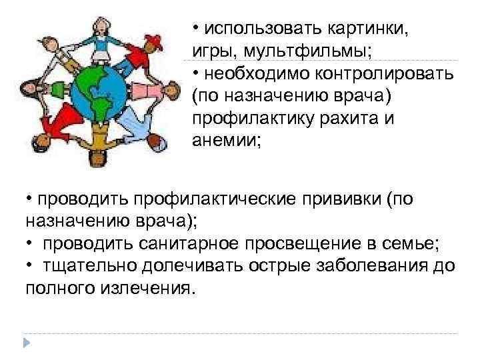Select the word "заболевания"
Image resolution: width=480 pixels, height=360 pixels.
[x=380, y=266]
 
